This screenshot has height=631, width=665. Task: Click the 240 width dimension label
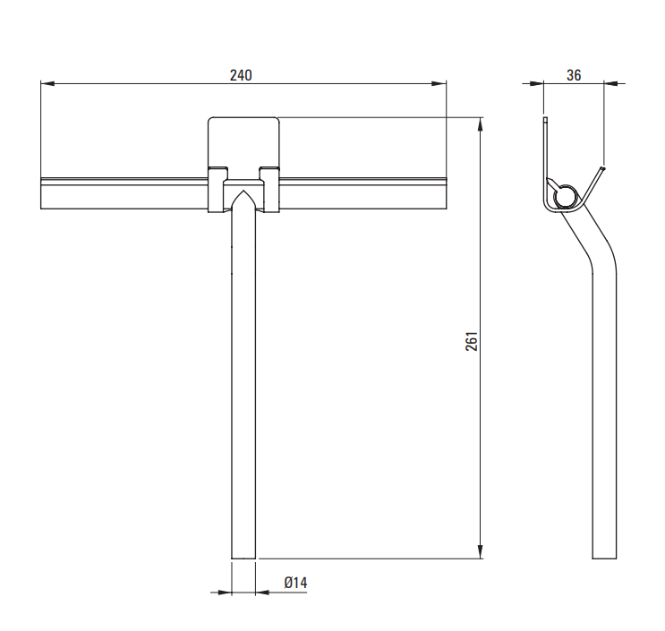click(x=241, y=75)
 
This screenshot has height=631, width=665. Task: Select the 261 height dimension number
click(x=472, y=341)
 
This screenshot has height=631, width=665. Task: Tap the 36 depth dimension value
click(x=574, y=75)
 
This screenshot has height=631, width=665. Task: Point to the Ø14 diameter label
click(x=295, y=583)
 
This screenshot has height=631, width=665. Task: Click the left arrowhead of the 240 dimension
click(x=47, y=83)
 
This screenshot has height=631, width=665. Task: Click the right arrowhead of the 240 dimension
click(x=439, y=83)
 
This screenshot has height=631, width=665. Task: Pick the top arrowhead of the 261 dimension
click(x=480, y=124)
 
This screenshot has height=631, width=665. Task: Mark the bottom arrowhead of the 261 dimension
click(x=480, y=551)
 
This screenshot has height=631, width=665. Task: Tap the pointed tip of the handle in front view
click(x=243, y=192)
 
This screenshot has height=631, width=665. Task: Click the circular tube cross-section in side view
click(x=565, y=196)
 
